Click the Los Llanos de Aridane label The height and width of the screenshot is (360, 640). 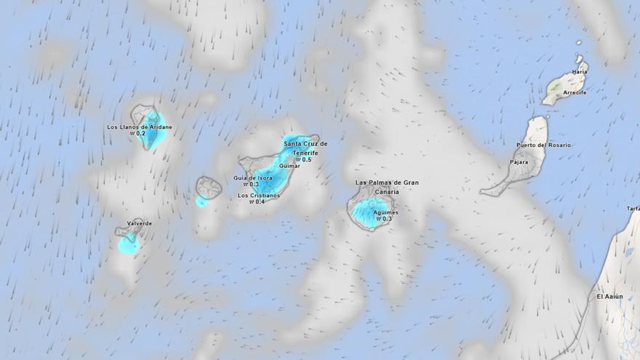point(140,127)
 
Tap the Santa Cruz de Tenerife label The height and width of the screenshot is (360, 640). point(305,148)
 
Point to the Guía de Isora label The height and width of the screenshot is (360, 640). point(253,177)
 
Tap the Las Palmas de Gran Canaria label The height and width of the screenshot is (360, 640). point(387,187)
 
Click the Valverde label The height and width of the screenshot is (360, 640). point(139,223)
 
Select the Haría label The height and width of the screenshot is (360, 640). point(580,72)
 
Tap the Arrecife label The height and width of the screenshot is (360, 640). point(575,93)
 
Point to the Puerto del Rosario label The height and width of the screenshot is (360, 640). point(543,145)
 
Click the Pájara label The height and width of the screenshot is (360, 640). point(519,162)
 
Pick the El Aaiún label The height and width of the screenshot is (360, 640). point(609,297)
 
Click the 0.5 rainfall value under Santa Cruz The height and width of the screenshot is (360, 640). point(305,160)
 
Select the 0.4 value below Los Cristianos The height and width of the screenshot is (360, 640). point(259,201)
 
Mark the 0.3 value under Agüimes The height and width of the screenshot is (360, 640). point(385,219)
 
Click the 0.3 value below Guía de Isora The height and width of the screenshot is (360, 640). point(253,185)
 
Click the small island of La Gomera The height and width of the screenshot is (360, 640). point(209,188)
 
